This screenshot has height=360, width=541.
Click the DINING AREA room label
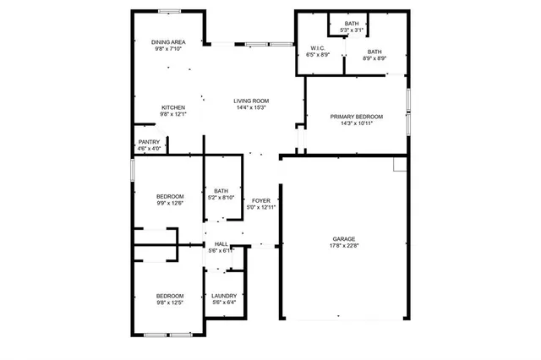[170, 41]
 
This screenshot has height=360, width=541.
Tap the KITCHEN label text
[173, 107]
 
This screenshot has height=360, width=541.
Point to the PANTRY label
[149, 142]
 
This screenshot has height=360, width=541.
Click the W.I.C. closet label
[319, 48]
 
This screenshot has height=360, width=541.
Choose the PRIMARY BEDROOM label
[356, 117]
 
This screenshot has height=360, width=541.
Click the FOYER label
[261, 200]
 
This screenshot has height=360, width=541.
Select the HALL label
[221, 243]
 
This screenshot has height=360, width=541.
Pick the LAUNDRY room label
[224, 296]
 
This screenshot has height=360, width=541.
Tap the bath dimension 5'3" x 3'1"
[351, 30]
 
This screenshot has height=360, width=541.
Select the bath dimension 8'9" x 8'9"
[374, 58]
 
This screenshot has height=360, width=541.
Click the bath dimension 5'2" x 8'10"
[221, 197]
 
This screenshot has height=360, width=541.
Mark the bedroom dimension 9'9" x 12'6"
[170, 203]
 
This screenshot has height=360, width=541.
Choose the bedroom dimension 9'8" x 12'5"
[169, 303]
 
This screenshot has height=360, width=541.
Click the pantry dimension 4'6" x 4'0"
[149, 149]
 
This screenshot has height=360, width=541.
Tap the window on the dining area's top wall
[170, 11]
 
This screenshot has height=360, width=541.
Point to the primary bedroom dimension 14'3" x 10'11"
[356, 123]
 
